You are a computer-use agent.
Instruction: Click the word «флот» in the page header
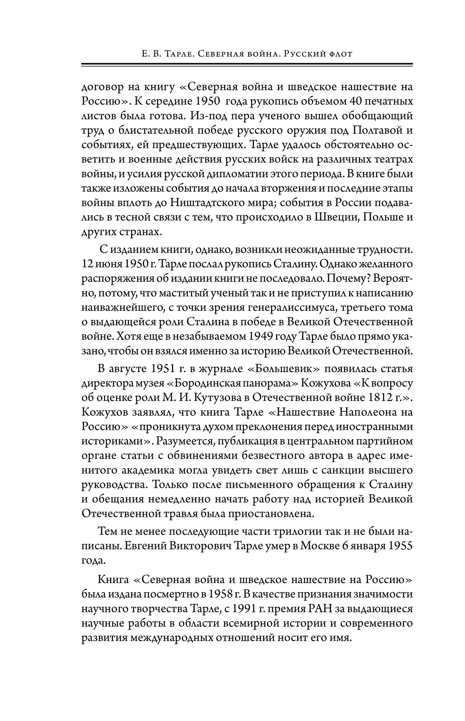(339, 54)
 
